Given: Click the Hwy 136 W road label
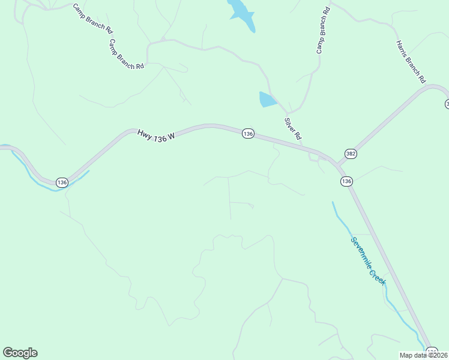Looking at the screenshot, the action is [x=155, y=136].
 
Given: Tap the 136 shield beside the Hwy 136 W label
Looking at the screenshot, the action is [x=248, y=133].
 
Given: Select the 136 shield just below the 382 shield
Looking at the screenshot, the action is [x=346, y=181].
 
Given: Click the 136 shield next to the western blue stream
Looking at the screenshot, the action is [x=62, y=182].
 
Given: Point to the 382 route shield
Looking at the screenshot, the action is [x=351, y=154].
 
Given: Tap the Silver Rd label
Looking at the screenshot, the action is [x=292, y=129].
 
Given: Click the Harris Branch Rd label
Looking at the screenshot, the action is [x=411, y=61].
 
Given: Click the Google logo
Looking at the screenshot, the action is [x=20, y=353].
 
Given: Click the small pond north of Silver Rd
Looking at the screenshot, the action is [x=267, y=100].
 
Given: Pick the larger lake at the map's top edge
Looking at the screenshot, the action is [x=241, y=13].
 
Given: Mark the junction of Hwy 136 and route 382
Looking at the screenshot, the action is [x=337, y=163].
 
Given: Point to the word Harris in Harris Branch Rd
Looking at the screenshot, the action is [x=402, y=48].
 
